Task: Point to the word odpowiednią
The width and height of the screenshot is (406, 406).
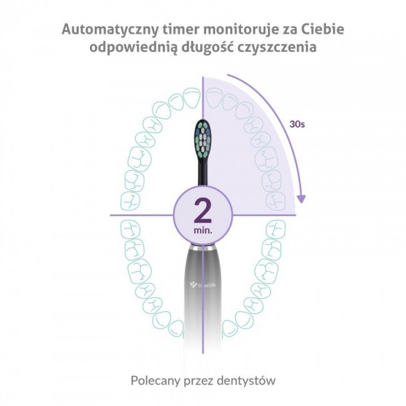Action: tap(134, 48)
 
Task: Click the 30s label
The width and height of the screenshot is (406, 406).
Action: tap(297, 124)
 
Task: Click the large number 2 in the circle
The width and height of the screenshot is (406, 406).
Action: tap(203, 210)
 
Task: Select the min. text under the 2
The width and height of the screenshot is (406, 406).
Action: tap(203, 230)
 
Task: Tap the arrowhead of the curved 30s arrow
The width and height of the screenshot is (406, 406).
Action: tap(301, 199)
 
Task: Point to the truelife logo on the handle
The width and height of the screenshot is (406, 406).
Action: tap(203, 285)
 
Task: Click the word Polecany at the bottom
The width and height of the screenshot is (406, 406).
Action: tap(155, 380)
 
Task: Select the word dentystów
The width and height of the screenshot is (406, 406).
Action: tap(246, 380)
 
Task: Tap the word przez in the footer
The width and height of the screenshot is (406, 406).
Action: tap(198, 382)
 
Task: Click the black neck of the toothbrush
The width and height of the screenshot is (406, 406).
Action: tap(203, 173)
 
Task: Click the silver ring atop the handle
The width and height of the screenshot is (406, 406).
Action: tap(203, 248)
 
